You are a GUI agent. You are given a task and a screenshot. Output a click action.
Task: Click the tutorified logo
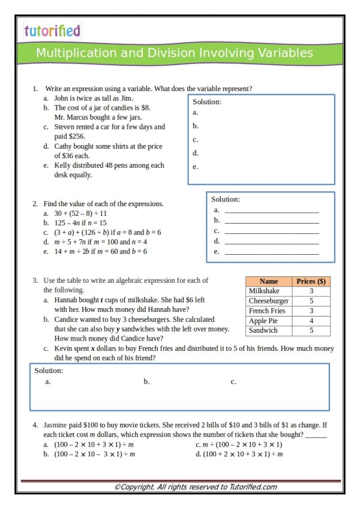[x=52, y=31]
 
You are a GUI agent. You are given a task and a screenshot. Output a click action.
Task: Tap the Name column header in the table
[x=269, y=281]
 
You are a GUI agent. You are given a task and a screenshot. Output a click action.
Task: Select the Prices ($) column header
[x=311, y=281]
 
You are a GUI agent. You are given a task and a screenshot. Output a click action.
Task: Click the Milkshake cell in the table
[x=264, y=291]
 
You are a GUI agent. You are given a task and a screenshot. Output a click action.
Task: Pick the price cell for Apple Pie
[x=311, y=321]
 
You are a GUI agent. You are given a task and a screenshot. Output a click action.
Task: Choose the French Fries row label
[x=267, y=311]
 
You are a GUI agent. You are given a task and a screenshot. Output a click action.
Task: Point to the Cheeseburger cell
[x=268, y=301]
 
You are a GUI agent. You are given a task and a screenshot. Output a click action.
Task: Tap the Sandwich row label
[x=263, y=330]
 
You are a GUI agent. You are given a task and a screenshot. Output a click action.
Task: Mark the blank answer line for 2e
[x=271, y=252]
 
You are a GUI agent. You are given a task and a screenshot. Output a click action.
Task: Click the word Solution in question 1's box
[x=207, y=102]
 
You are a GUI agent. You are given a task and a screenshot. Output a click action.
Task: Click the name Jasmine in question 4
[x=56, y=425]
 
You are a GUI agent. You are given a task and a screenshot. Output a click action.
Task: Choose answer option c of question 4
[x=239, y=445]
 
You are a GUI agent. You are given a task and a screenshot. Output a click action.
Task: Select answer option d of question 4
[x=239, y=454]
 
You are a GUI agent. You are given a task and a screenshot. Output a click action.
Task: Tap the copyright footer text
[x=196, y=487]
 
